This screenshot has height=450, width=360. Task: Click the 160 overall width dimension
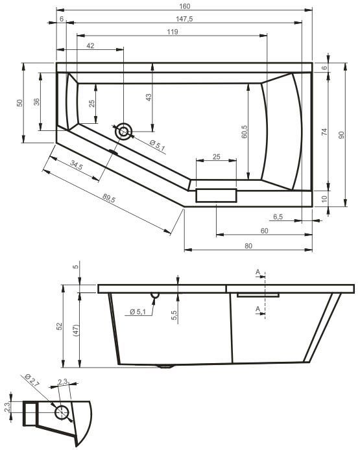(x=184, y=6)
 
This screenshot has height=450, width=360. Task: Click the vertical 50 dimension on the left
(x=19, y=102)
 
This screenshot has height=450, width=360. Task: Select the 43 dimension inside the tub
(x=149, y=97)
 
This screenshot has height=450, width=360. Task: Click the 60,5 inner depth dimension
(x=245, y=133)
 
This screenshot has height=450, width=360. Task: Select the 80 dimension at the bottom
(x=248, y=245)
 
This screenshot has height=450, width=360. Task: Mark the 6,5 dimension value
(x=278, y=216)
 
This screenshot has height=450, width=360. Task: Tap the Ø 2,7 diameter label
(x=30, y=381)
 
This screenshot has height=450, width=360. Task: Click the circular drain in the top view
(x=123, y=132)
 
